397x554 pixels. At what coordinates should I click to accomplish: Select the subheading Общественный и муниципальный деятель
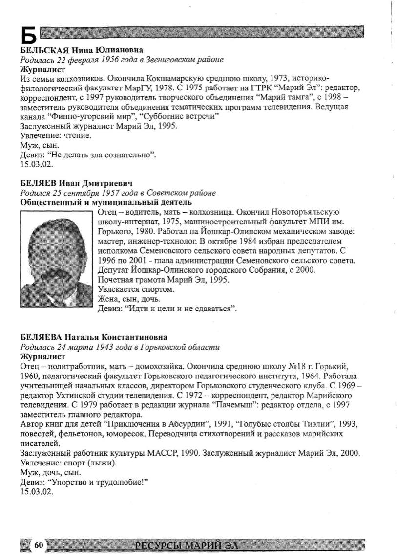click(x=106, y=202)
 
